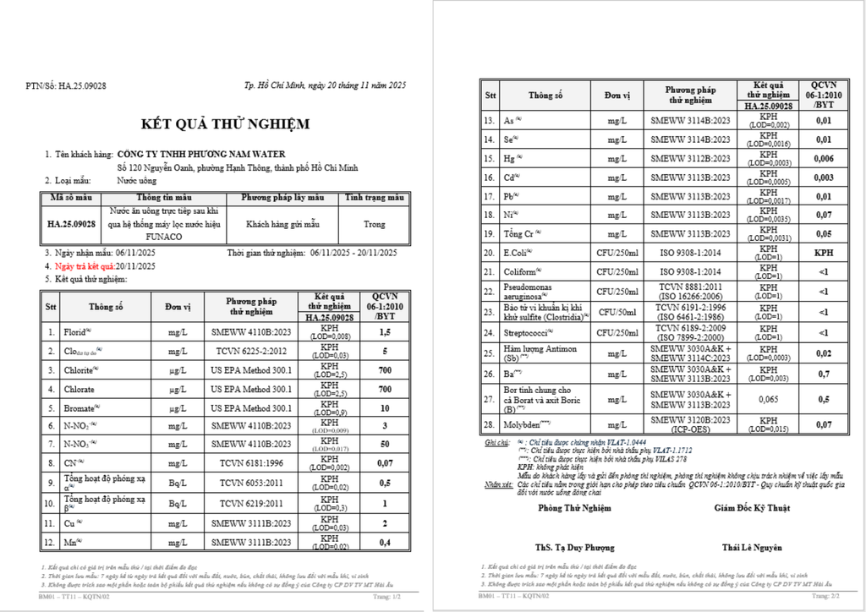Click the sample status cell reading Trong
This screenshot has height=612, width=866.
click(x=375, y=225)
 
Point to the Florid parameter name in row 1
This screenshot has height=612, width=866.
click(x=77, y=332)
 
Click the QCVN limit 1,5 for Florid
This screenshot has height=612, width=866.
click(x=383, y=332)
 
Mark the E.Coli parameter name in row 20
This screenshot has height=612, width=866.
click(x=518, y=252)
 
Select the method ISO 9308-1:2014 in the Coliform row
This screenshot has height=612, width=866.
click(x=690, y=271)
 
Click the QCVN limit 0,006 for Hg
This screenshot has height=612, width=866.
click(x=823, y=158)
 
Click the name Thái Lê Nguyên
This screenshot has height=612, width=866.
click(x=752, y=547)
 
